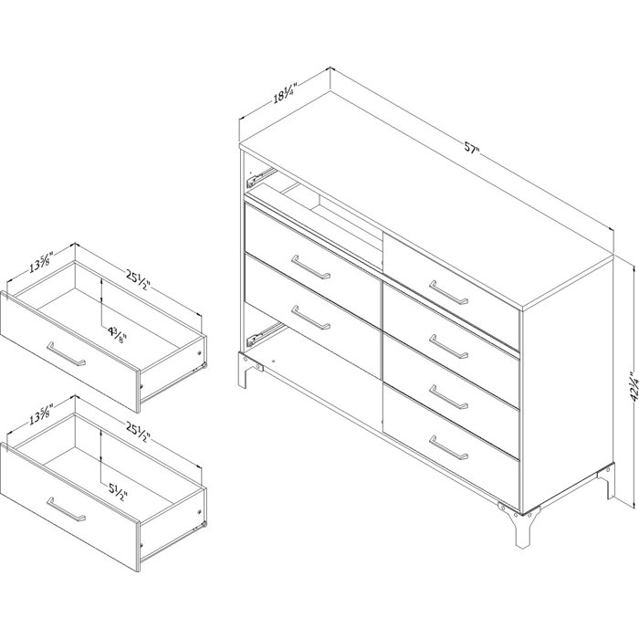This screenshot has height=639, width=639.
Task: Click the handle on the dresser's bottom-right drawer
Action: click(x=448, y=447)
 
